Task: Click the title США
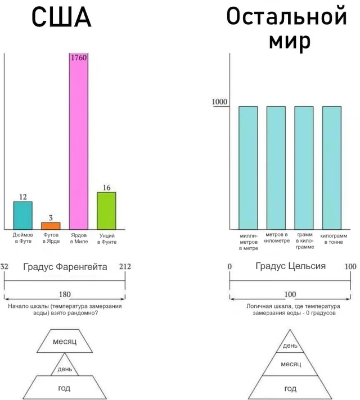click(x=61, y=18)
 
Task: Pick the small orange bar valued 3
click(x=51, y=225)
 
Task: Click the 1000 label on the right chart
click(x=219, y=102)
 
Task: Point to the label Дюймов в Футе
click(x=23, y=238)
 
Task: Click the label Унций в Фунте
click(x=107, y=238)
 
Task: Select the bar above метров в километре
click(x=276, y=167)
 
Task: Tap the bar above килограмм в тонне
click(x=332, y=167)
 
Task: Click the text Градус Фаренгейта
click(x=65, y=267)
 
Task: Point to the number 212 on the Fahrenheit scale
click(x=125, y=266)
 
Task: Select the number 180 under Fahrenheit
click(x=65, y=294)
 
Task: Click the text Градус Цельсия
click(x=290, y=266)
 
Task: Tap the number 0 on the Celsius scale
click(x=229, y=266)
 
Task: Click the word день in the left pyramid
click(x=65, y=369)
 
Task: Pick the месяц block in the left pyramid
click(x=65, y=342)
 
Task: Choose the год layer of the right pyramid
click(x=290, y=388)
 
